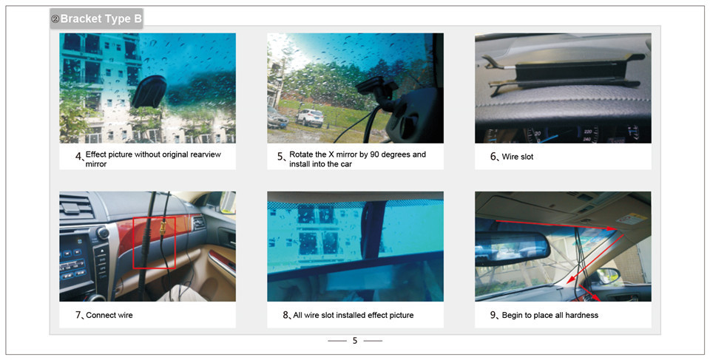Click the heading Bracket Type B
pos(101,19)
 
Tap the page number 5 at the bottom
pos(355,341)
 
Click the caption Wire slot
pos(518,157)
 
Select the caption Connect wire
pos(109,315)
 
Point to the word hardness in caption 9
pos(582,315)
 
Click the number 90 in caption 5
pos(374,154)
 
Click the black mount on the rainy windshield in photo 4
pos(149,92)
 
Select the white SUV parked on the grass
pos(310,118)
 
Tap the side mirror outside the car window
pos(606,275)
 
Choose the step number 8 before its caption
pos(285,315)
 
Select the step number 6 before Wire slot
pos(493,156)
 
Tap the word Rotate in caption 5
pos(301,154)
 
